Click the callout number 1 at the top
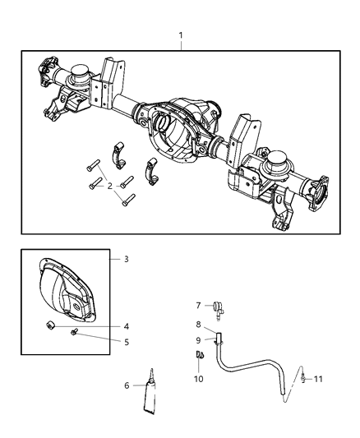pos(181,37)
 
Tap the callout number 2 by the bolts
pos(109,186)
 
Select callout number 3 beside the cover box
pos(126,260)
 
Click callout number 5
pos(126,342)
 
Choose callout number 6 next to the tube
pos(127,385)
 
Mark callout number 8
pos(197,325)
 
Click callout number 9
pos(197,339)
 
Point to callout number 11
pos(318,379)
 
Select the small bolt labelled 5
pos(75,333)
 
